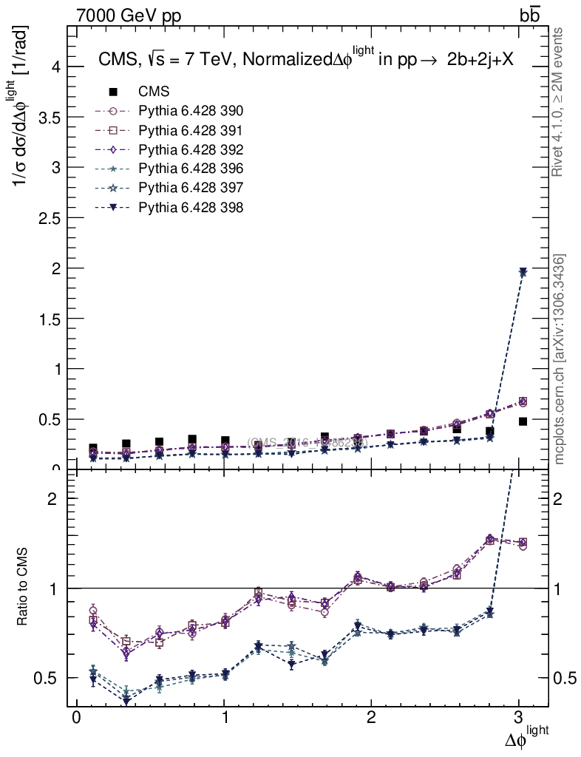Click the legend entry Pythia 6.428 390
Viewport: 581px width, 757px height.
[191, 112]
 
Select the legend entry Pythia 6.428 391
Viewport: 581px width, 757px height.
[191, 131]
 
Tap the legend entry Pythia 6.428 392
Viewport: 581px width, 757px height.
[191, 150]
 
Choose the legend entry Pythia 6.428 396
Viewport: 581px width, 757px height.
[191, 169]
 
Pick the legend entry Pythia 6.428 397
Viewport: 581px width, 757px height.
[191, 189]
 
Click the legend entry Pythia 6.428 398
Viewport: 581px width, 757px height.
[191, 208]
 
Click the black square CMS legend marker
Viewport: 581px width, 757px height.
[113, 92]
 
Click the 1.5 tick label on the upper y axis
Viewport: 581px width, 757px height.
[50, 319]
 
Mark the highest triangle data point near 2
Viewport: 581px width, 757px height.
[523, 273]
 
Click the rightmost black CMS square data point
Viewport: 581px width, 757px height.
[523, 421]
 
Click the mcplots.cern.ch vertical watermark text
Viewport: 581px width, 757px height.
[560, 359]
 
